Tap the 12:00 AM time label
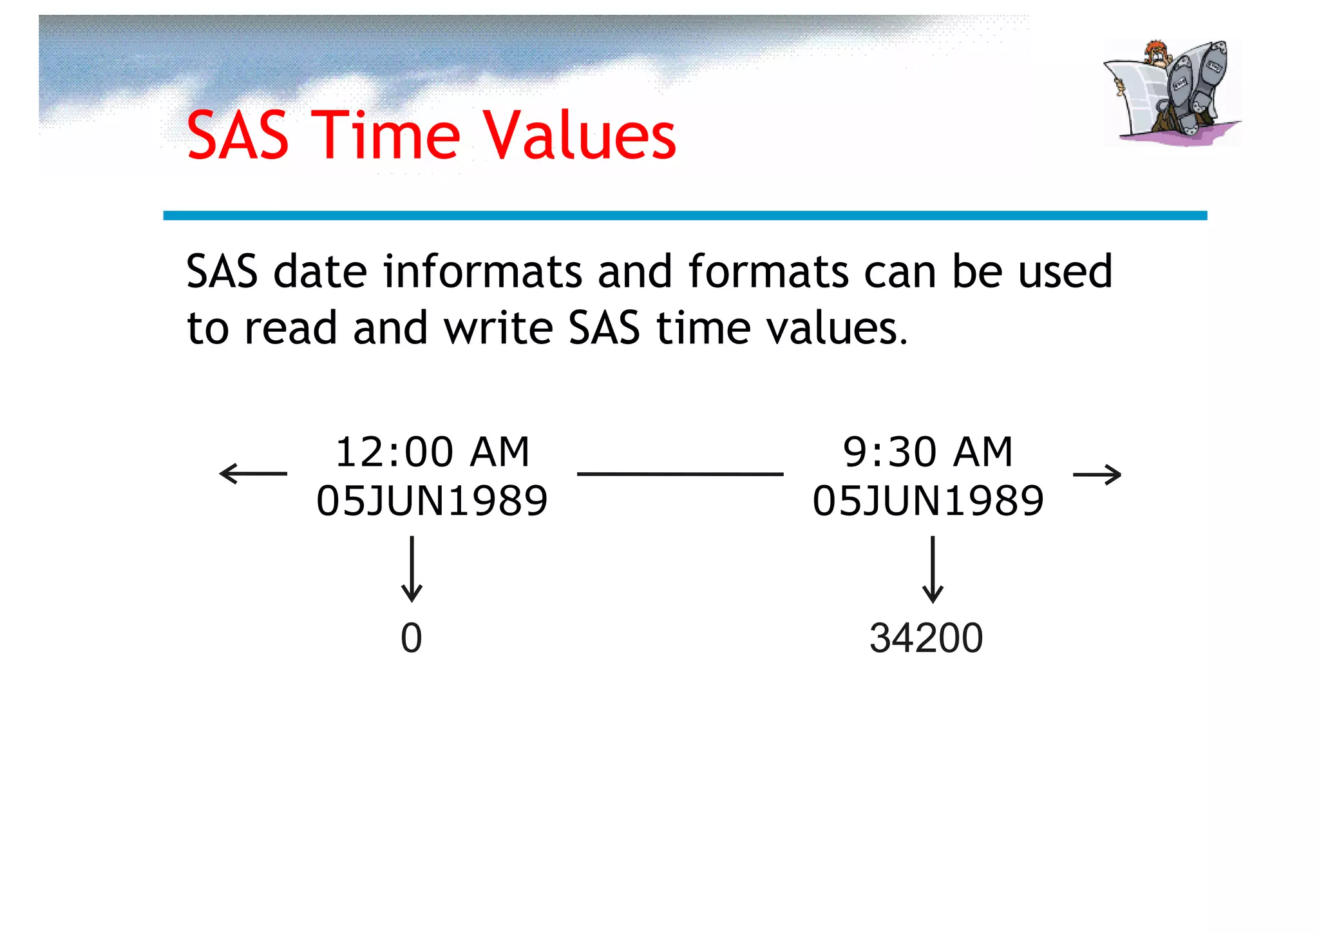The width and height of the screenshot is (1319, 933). pyautogui.click(x=432, y=452)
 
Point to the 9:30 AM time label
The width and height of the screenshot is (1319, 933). pyautogui.click(x=928, y=452)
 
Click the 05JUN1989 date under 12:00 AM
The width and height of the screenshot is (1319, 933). pyautogui.click(x=432, y=501)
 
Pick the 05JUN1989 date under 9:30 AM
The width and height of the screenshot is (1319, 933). pyautogui.click(x=928, y=501)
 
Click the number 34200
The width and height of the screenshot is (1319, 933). pyautogui.click(x=926, y=638)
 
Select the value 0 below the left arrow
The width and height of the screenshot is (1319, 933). pyautogui.click(x=412, y=638)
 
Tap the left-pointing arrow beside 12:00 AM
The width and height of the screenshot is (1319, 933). pyautogui.click(x=253, y=474)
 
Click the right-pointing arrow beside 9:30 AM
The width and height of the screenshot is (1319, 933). pyautogui.click(x=1097, y=475)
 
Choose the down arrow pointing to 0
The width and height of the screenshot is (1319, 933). pyautogui.click(x=412, y=569)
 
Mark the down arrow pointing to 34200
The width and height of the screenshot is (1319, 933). pyautogui.click(x=933, y=569)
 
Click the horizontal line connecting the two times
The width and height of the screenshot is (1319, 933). pyautogui.click(x=680, y=474)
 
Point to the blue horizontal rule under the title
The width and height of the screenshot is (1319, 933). pyautogui.click(x=685, y=215)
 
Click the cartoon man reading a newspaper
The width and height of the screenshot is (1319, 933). pyautogui.click(x=1172, y=92)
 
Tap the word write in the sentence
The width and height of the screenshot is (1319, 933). pyautogui.click(x=498, y=328)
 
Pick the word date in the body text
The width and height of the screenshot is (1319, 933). pyautogui.click(x=320, y=271)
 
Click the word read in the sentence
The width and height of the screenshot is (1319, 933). pyautogui.click(x=291, y=328)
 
